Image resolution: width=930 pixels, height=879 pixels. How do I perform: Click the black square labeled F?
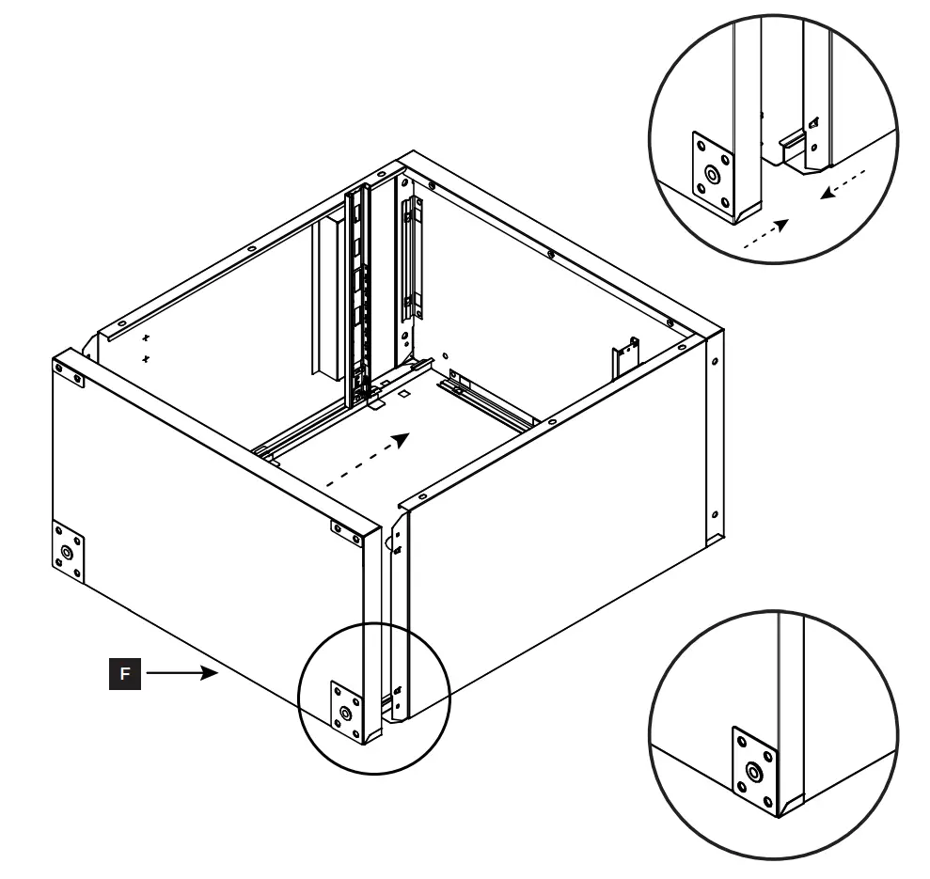tap(126, 674)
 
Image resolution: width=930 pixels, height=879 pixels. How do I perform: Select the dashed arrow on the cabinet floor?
tap(366, 461)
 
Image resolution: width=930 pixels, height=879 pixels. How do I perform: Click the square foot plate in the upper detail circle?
tap(713, 174)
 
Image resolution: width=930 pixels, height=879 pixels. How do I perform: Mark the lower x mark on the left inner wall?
tap(145, 358)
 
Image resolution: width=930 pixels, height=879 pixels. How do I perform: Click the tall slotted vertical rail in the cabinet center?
tap(356, 291)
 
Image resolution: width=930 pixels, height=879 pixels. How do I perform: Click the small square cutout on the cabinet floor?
tap(403, 396)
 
